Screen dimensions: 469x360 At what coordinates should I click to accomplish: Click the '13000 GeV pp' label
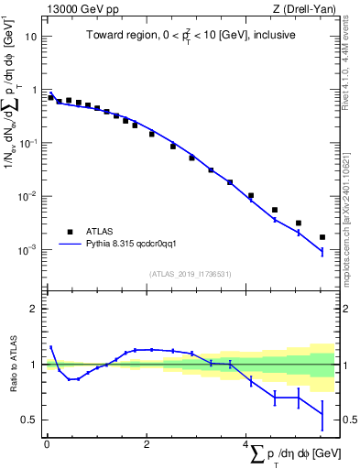pos(80,9)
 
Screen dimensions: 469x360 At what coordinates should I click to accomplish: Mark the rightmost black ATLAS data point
pos(322,237)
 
